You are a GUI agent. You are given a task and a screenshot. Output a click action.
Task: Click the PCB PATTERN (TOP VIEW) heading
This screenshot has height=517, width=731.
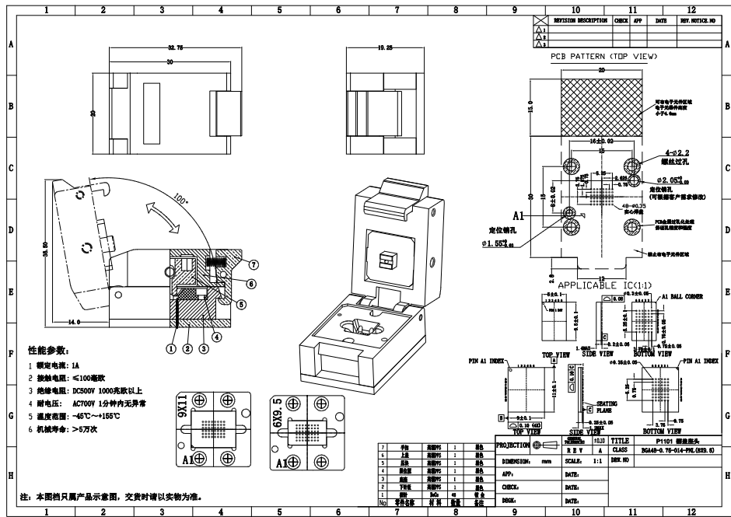(x=603, y=57)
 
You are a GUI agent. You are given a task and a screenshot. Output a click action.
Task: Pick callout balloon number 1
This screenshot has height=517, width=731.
(x=170, y=348)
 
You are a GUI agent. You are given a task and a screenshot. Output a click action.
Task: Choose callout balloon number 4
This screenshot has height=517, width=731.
(x=217, y=337)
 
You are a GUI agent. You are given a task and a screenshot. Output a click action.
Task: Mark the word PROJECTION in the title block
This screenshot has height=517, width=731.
(x=514, y=445)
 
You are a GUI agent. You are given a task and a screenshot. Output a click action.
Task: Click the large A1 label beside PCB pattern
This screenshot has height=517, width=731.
(x=540, y=215)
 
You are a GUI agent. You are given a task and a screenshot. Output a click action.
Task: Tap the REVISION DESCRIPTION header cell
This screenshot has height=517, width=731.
(x=579, y=21)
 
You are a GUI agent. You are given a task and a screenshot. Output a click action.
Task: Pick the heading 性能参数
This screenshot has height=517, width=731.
(x=48, y=351)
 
